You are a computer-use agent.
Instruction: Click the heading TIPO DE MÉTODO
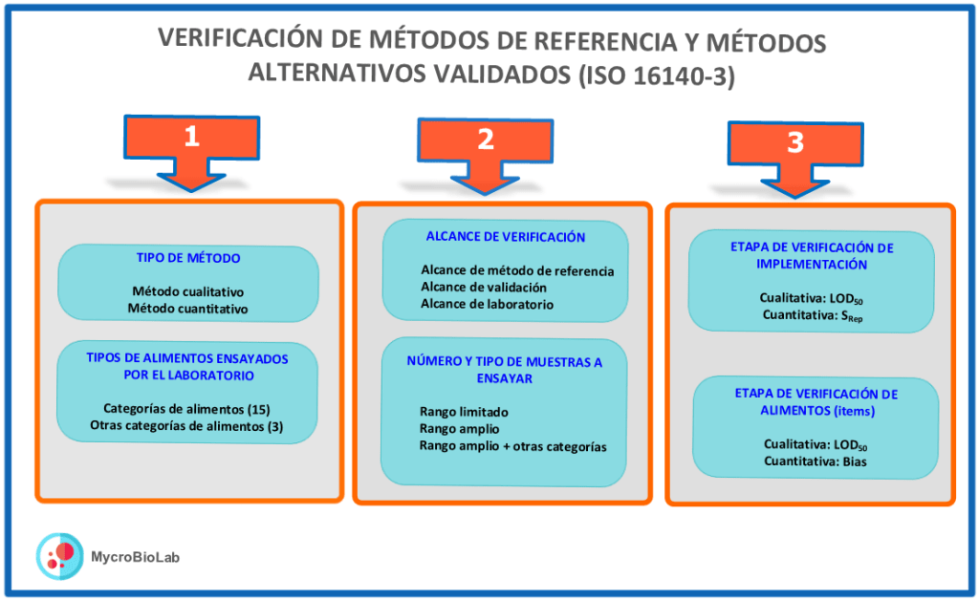coord(188,258)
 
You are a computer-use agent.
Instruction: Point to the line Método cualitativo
coord(187,292)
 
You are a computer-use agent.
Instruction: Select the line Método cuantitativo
coord(187,309)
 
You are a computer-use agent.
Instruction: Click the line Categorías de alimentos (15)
coord(186,409)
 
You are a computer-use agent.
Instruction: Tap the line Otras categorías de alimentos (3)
coord(186,425)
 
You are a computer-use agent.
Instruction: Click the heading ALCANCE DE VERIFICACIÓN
coord(505,237)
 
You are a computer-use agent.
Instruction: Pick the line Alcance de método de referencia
coord(517,270)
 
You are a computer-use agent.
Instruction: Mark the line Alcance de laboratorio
coord(487,304)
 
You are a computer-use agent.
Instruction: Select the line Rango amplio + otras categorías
coord(513,446)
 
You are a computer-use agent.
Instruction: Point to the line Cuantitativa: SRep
coord(812,315)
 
